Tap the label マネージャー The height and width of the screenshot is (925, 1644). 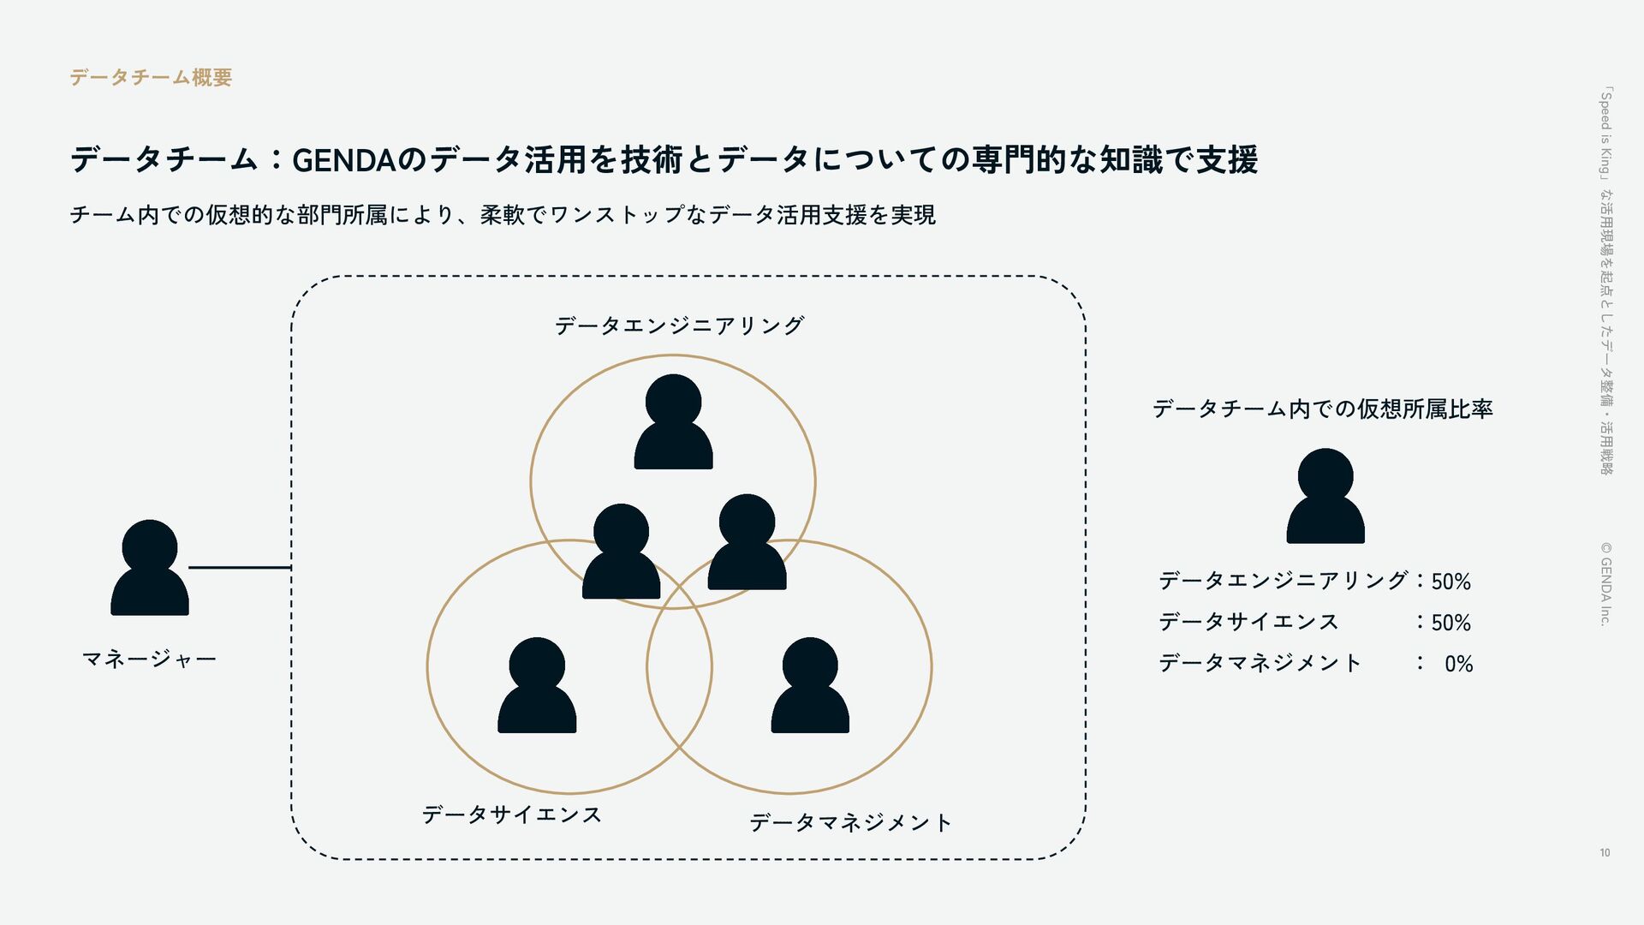149,659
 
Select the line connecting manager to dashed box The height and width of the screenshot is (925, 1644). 240,567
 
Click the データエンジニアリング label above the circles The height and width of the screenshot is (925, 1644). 679,325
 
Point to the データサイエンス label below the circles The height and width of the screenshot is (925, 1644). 511,815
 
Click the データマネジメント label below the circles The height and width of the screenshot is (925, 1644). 850,823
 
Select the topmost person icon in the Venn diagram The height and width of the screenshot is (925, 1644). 673,421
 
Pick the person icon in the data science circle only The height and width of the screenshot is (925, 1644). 537,685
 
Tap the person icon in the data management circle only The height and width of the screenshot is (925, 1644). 810,685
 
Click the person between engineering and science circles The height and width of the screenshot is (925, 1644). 621,552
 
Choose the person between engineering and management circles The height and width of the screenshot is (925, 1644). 747,542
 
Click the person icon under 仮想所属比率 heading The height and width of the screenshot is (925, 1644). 1325,496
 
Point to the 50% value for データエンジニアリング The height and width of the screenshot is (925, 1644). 1450,582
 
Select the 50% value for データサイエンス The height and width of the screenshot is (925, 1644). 1450,623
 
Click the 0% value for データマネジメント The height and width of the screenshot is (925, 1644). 1458,664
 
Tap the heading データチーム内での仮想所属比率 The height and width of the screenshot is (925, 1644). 1322,409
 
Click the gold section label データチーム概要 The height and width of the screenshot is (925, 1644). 151,78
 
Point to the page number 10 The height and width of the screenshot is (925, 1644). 1605,852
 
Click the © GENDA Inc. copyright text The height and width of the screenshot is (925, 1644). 1605,583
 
